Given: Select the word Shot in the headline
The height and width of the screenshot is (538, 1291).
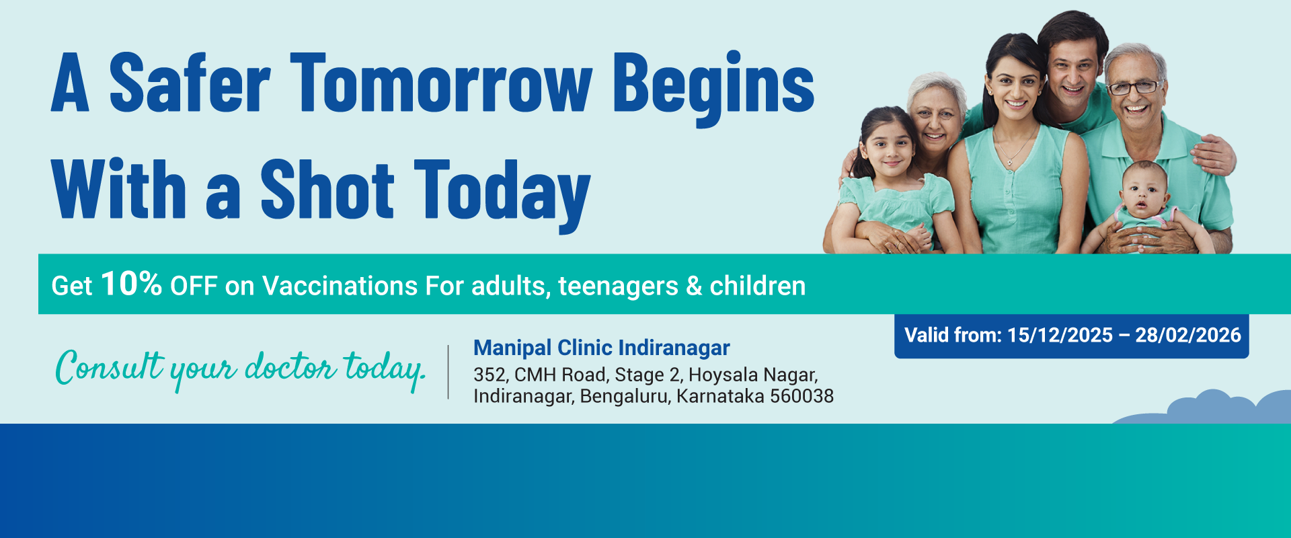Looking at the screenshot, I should [x=327, y=190].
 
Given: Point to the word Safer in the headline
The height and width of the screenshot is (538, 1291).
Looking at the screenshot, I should [x=190, y=84].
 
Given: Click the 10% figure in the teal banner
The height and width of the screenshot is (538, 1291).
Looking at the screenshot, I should [x=131, y=284].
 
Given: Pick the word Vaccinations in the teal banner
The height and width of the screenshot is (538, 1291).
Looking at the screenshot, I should [x=340, y=286].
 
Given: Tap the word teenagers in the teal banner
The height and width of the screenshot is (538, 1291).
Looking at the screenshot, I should [x=618, y=287].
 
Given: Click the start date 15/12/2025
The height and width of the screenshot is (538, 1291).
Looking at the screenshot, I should [x=1060, y=335].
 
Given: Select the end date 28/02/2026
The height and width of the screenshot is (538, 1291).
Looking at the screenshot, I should [x=1188, y=335].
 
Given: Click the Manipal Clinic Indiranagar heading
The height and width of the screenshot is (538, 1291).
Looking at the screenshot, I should [x=601, y=348].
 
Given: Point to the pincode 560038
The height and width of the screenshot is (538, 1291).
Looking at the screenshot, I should [x=801, y=396].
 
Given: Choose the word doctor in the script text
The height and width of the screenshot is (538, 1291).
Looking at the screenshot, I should [x=290, y=368].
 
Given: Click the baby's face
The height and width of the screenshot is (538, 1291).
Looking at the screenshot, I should [x=1144, y=194].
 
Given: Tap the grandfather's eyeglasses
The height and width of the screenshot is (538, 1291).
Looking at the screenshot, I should [x=1134, y=87].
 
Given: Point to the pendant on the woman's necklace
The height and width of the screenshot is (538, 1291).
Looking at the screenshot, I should [x=1009, y=162].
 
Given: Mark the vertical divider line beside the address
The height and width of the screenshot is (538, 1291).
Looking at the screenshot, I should [x=448, y=372].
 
